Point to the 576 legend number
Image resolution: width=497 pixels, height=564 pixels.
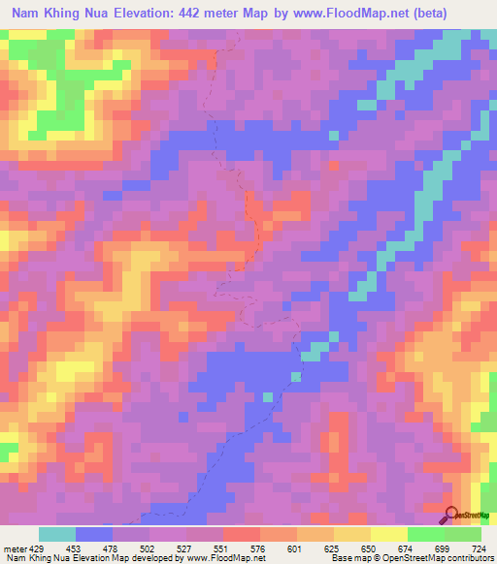point(258,548)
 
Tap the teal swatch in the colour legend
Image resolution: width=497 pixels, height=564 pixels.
point(57,534)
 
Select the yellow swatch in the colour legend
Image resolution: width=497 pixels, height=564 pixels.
point(389,534)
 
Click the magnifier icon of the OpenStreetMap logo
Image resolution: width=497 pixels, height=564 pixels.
point(450,515)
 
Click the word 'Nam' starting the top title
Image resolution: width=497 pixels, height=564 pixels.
point(27,14)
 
